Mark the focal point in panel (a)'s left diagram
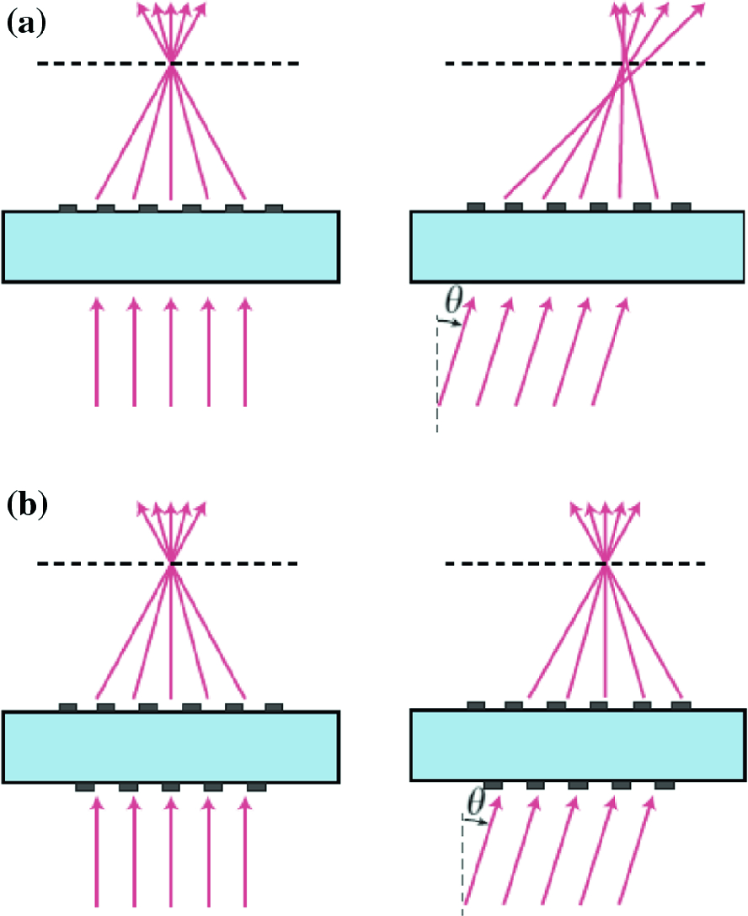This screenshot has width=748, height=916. pos(171,64)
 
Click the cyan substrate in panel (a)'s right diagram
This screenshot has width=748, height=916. pos(578,246)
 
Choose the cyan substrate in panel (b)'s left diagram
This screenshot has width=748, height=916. pos(171,746)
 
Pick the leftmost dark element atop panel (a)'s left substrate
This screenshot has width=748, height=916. pos(68,206)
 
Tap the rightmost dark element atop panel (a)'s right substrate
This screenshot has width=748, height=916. pos(681,206)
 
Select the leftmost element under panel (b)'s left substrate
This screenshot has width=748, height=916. pos(85,786)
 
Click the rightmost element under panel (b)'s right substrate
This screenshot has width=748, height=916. pos(665,785)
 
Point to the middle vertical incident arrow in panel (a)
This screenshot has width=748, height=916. pos(171,354)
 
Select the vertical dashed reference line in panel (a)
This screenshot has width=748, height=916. pos(438,379)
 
